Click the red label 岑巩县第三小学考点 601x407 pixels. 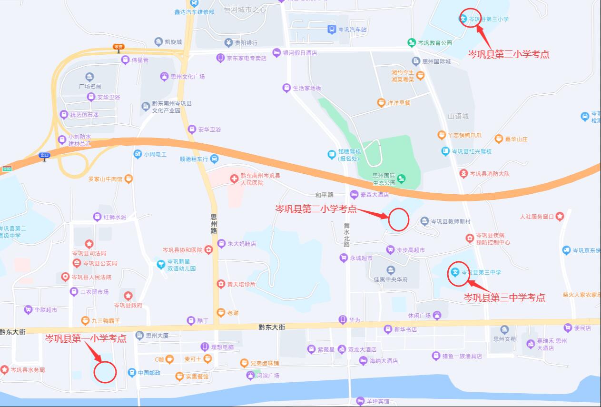point(509,54)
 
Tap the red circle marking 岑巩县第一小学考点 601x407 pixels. point(105,372)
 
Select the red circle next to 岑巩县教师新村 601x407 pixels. point(399,219)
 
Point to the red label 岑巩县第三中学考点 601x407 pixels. point(504,298)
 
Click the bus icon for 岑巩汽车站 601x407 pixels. point(332,30)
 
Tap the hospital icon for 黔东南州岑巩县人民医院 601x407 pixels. point(234,179)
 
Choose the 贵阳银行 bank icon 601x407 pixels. point(228,43)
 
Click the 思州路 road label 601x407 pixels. point(214,224)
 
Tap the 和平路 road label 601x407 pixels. point(325,195)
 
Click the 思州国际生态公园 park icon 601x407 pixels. point(402,179)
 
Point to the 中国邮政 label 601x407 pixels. point(149,373)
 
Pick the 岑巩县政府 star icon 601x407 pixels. point(128,296)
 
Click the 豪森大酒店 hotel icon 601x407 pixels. point(354,194)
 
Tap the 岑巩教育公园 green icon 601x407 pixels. point(412,43)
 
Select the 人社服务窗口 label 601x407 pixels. point(537,217)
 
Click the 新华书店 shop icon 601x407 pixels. point(388,329)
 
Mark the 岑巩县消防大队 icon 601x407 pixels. point(463,174)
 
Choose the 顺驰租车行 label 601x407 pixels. point(194,159)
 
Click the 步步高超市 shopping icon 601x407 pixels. point(391,249)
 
